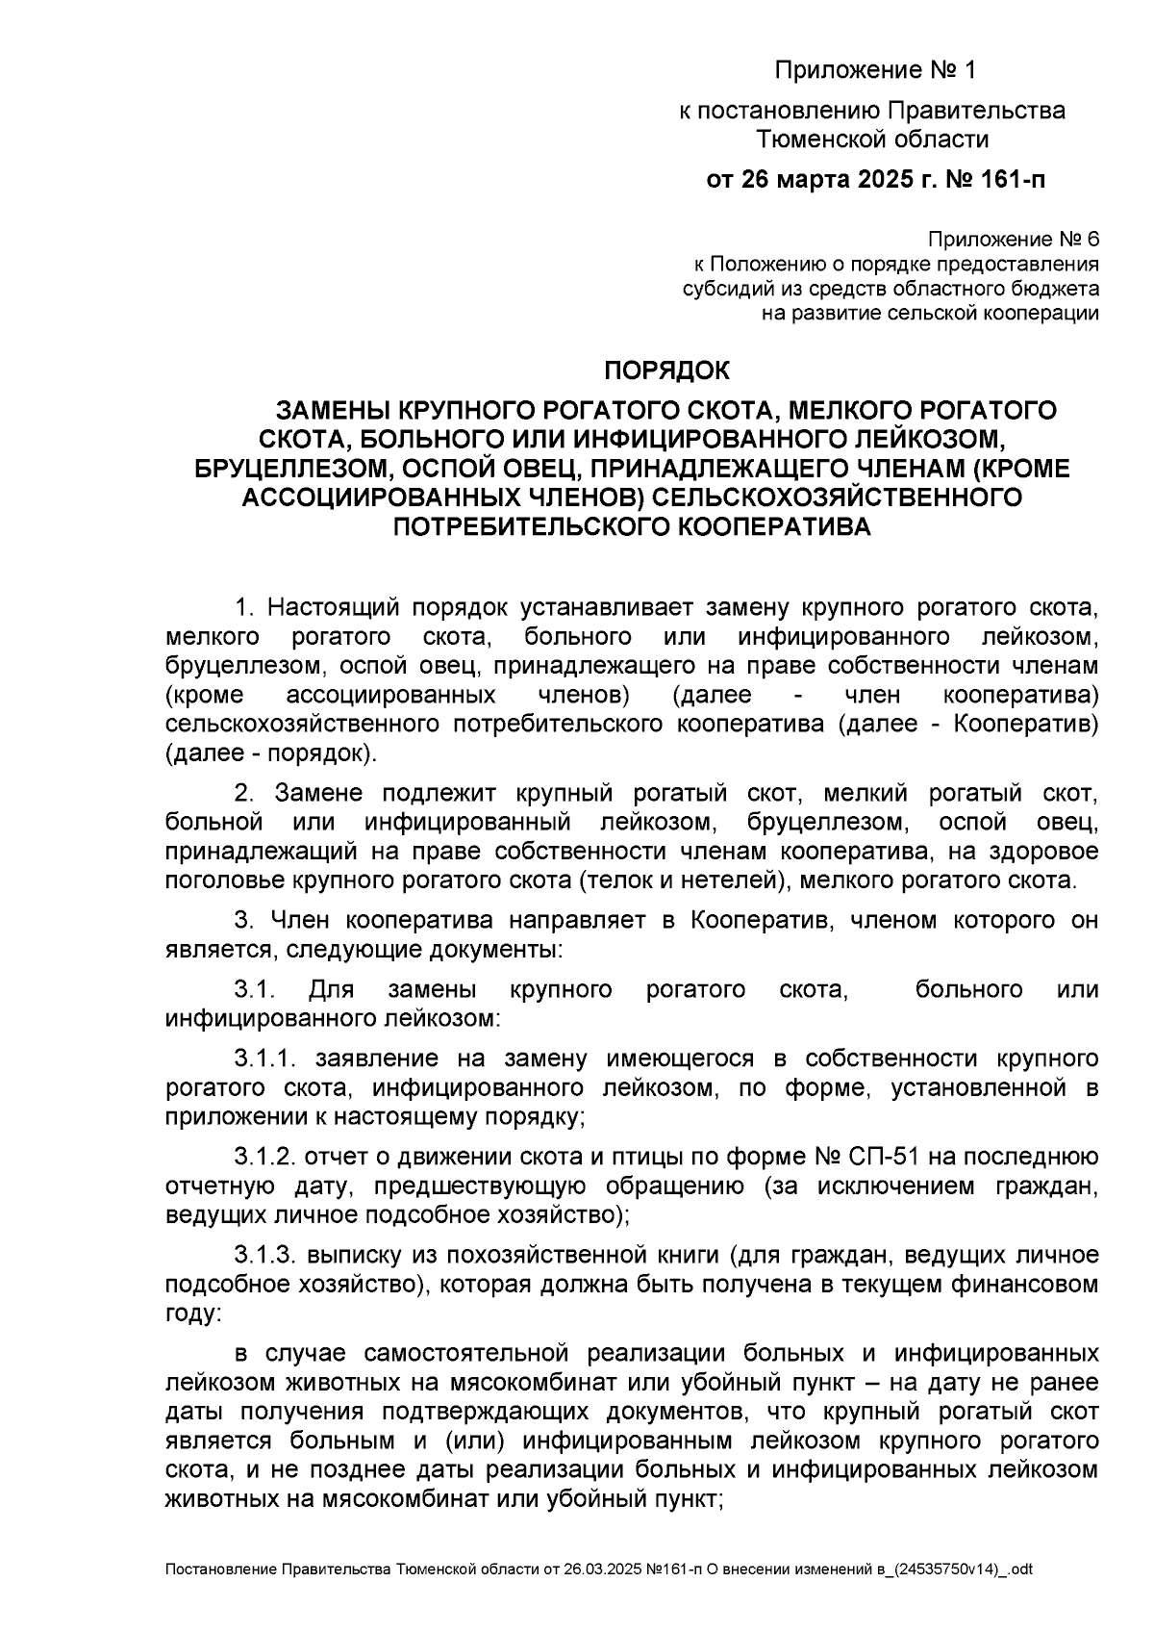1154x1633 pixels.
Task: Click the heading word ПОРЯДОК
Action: point(665,370)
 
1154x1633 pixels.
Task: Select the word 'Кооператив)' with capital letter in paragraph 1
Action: point(1026,724)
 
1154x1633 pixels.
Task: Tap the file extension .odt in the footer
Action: point(1018,1569)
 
